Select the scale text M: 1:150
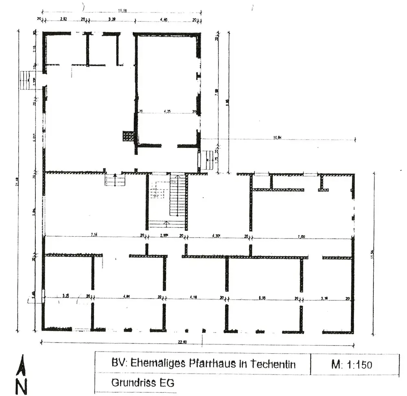[352, 364]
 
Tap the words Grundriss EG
[142, 383]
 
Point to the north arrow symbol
[23, 366]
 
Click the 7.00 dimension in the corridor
[301, 236]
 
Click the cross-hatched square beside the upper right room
[128, 136]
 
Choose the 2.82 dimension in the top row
[63, 19]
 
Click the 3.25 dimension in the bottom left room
[65, 296]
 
